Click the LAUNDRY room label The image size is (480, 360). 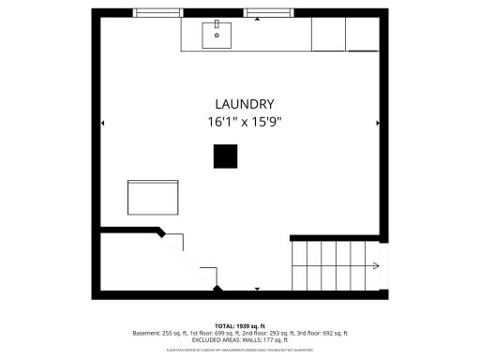click(245, 104)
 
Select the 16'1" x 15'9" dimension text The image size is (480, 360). click(245, 122)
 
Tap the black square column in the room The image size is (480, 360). click(225, 157)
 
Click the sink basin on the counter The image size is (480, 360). click(217, 37)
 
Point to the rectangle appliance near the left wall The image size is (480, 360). click(153, 197)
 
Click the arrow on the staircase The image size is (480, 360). click(373, 267)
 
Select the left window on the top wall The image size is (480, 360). click(157, 13)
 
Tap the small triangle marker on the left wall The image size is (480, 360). click(102, 123)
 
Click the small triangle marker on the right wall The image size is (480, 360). click(378, 123)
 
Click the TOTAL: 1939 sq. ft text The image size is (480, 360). click(241, 325)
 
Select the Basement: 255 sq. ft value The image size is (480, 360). click(157, 333)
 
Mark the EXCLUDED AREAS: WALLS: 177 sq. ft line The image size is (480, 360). click(241, 340)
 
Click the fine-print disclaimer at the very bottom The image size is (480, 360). click(240, 350)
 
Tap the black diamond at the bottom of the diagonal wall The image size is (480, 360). click(217, 288)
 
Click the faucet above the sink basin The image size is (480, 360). click(217, 23)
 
